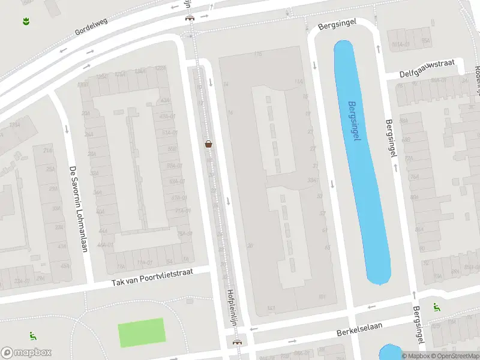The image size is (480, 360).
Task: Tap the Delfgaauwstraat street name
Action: click(428, 68)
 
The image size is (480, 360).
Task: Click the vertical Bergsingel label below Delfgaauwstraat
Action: click(391, 137)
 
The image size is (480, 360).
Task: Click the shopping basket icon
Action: click(209, 144)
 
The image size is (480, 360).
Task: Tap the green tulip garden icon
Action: click(26, 22)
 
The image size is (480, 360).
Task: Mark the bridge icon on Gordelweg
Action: click(190, 17)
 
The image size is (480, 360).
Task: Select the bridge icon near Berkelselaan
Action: click(238, 342)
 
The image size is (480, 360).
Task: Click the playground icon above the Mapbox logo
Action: click(32, 336)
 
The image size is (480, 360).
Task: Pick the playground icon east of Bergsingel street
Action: click(436, 307)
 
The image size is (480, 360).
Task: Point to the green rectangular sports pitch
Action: click(142, 332)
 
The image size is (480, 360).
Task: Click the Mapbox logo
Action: click(26, 353)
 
